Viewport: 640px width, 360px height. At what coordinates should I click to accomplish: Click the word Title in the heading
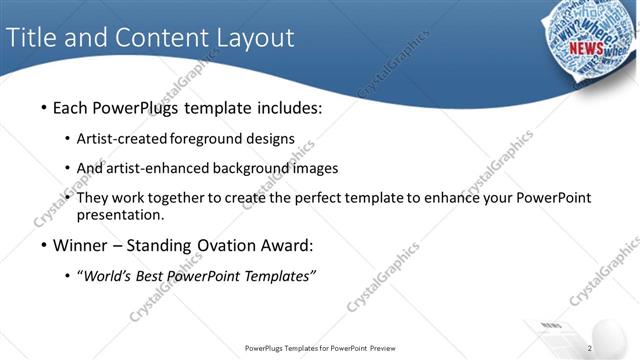click(30, 38)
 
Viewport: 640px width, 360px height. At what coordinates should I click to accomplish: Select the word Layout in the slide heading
click(255, 38)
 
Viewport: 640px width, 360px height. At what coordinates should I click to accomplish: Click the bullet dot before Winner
click(43, 245)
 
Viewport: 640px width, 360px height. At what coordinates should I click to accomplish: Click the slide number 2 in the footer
click(591, 348)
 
